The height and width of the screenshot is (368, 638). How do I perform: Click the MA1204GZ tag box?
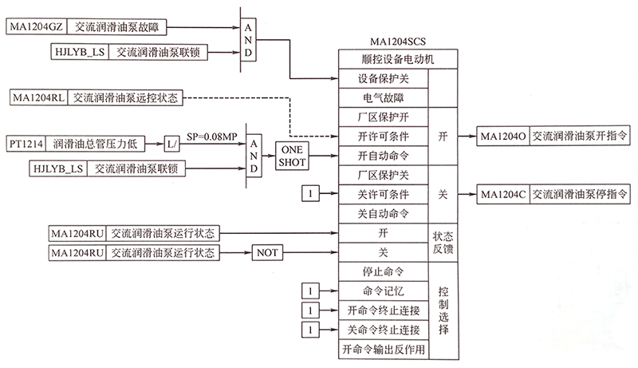click(x=34, y=27)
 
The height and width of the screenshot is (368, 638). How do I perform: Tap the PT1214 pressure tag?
click(x=25, y=143)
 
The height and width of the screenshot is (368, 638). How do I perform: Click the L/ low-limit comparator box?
click(x=173, y=143)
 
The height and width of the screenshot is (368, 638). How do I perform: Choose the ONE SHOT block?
click(x=292, y=155)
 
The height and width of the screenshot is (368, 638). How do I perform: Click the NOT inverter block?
click(x=268, y=253)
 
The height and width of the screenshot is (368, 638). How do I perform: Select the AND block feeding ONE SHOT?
click(x=253, y=156)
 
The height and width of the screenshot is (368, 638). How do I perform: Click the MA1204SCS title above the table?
click(x=386, y=42)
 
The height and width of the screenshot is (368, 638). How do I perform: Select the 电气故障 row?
click(x=384, y=97)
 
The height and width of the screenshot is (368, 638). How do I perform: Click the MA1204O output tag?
click(x=502, y=137)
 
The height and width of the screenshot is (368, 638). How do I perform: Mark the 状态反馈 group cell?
click(x=443, y=243)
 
